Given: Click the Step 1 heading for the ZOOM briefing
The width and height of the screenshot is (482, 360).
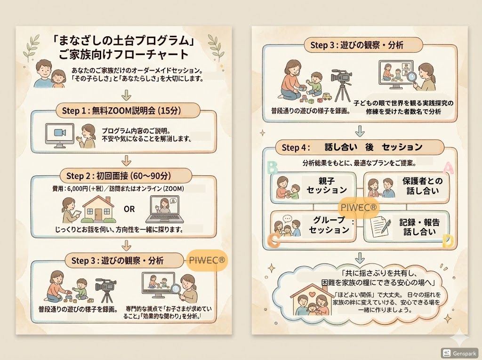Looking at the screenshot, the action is click(x=121, y=111).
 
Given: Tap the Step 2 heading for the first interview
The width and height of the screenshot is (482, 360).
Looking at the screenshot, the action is click(x=119, y=176).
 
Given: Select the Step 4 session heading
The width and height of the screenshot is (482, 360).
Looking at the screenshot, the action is click(x=352, y=147).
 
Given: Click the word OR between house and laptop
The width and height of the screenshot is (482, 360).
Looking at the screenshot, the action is click(x=129, y=209).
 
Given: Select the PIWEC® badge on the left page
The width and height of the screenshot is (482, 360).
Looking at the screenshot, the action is click(x=207, y=260).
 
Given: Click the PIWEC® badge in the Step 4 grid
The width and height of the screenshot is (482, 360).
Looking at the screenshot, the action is click(x=358, y=207).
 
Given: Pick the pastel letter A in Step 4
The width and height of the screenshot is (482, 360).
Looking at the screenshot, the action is click(x=448, y=168).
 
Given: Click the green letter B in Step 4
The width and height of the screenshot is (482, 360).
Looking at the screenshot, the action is click(x=273, y=168).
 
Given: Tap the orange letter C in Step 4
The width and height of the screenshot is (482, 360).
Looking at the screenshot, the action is click(x=273, y=240).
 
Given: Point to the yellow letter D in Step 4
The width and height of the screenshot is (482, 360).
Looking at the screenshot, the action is click(x=448, y=241).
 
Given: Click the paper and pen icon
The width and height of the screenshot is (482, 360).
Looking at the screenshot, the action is click(x=380, y=226).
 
